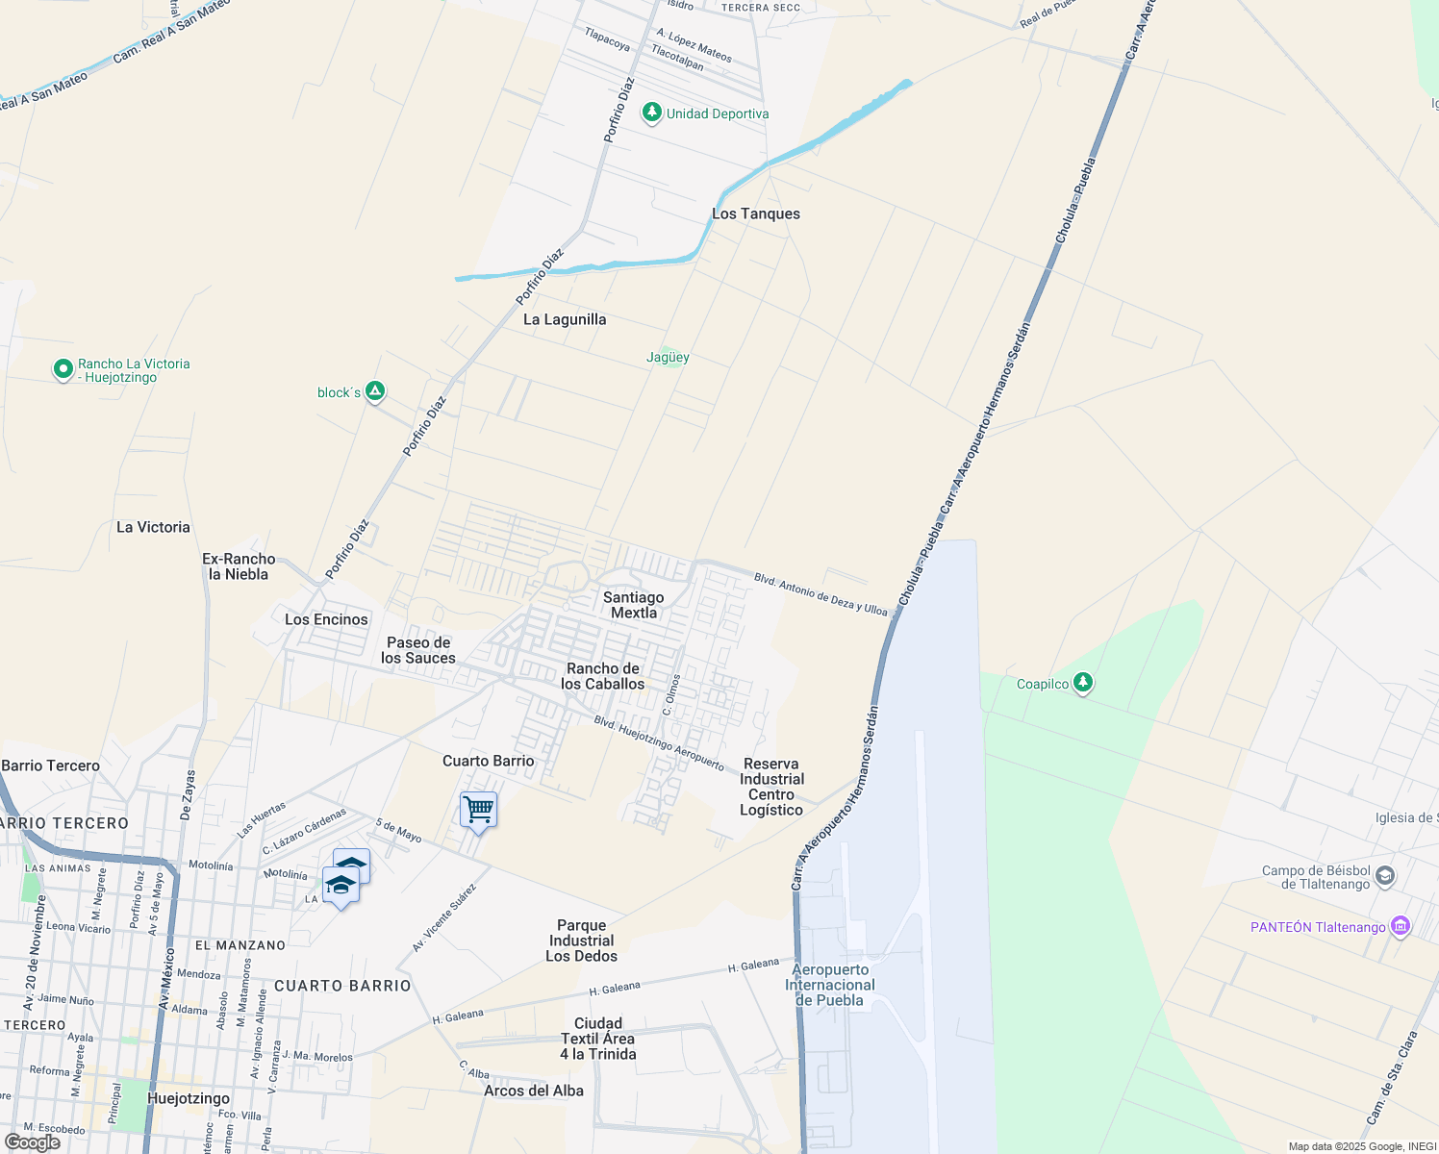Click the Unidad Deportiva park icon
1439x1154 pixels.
tap(652, 113)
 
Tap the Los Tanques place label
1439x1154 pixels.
tap(756, 213)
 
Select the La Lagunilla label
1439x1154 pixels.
tap(565, 319)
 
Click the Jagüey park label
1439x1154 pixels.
tap(668, 357)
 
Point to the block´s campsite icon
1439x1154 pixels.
tap(376, 391)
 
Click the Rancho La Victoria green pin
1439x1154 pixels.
tap(63, 369)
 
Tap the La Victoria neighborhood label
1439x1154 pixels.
tap(153, 527)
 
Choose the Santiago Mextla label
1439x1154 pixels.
tap(633, 605)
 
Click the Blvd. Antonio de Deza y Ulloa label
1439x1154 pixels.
tap(820, 594)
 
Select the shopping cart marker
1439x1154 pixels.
tap(478, 810)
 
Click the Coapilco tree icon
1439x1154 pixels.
tap(1084, 683)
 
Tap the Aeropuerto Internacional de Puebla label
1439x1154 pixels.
tap(830, 985)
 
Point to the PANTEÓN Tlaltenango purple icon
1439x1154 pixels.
tap(1401, 927)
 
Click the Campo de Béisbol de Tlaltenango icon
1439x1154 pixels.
tap(1385, 876)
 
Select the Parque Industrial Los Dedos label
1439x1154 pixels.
tap(581, 941)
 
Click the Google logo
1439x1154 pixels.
tap(33, 1142)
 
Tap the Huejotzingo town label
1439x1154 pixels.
tap(189, 1098)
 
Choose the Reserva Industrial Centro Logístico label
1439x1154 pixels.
tap(771, 787)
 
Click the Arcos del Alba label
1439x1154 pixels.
tap(534, 1091)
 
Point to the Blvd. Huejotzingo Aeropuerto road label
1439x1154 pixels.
tap(659, 743)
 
